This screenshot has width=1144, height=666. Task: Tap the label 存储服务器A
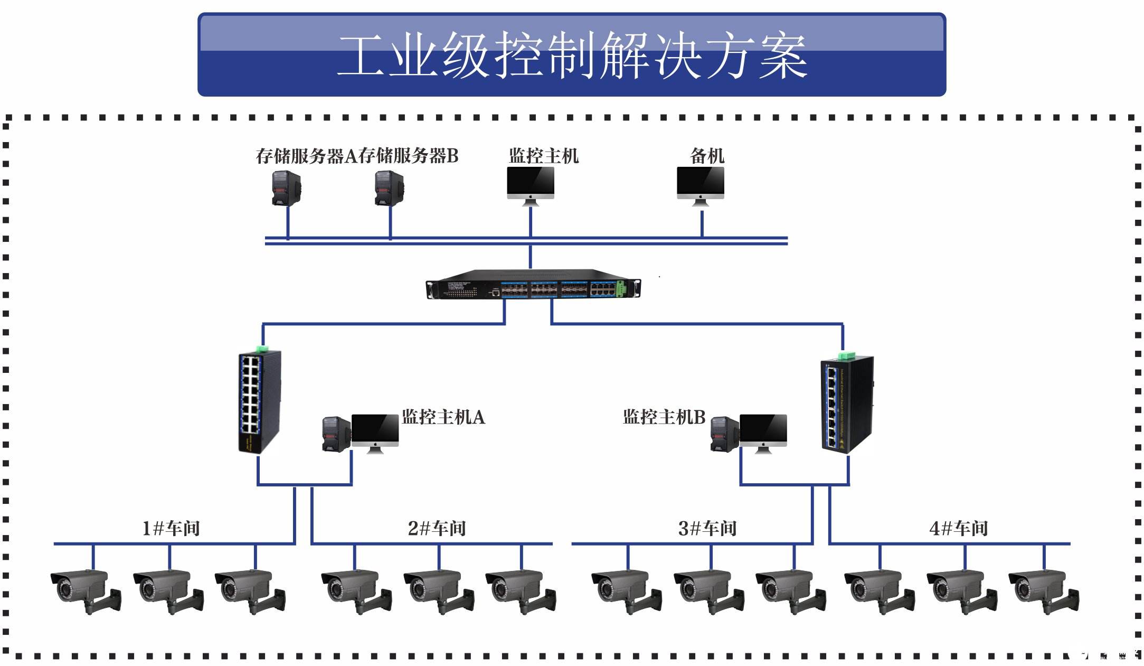(x=306, y=156)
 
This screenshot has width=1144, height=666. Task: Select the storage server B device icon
(x=389, y=188)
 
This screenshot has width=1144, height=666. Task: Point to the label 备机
(x=707, y=156)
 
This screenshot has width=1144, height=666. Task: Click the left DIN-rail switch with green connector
(x=259, y=401)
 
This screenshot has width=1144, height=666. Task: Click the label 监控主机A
(x=443, y=417)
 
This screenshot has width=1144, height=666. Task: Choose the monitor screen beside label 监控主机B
(x=763, y=430)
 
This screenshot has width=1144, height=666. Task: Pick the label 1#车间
(x=171, y=529)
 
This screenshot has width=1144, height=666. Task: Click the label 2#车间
(x=437, y=529)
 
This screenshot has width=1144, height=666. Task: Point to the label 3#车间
(x=707, y=529)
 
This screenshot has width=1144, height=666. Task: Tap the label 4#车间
(x=958, y=529)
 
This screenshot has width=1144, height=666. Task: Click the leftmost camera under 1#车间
(x=86, y=590)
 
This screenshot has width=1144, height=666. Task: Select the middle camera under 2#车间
(x=438, y=590)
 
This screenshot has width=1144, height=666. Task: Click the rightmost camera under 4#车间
(x=1043, y=590)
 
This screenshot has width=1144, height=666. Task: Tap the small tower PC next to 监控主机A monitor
(x=336, y=434)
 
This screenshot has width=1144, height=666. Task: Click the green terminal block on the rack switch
(x=621, y=288)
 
